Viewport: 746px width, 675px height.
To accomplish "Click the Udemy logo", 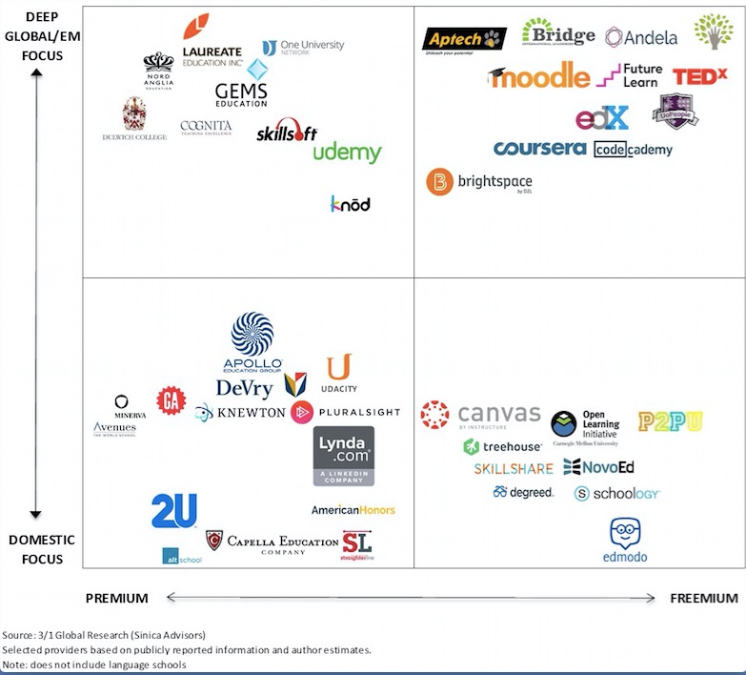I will click(347, 153).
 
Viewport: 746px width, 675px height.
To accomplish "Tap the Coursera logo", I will click(539, 149).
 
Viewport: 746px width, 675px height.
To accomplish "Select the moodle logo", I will click(539, 75).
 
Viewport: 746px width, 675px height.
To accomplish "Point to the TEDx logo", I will click(700, 77).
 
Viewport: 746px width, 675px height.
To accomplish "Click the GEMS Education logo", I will click(241, 93).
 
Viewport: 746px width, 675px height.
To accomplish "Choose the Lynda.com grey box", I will click(343, 456).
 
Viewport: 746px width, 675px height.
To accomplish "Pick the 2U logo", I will click(173, 511).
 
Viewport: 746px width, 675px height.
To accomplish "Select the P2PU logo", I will click(671, 422).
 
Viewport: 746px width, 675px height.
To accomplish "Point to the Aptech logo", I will click(465, 39).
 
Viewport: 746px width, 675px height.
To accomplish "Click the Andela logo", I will click(641, 37).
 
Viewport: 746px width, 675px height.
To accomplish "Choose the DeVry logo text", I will click(244, 388).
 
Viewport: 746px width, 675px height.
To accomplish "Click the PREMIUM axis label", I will click(117, 599).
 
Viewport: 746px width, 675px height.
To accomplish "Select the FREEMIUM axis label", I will click(703, 599).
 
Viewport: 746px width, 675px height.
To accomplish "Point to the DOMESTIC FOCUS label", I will click(42, 549).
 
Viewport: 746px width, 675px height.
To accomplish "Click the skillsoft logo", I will click(287, 133).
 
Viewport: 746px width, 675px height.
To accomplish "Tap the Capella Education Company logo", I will click(272, 542).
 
